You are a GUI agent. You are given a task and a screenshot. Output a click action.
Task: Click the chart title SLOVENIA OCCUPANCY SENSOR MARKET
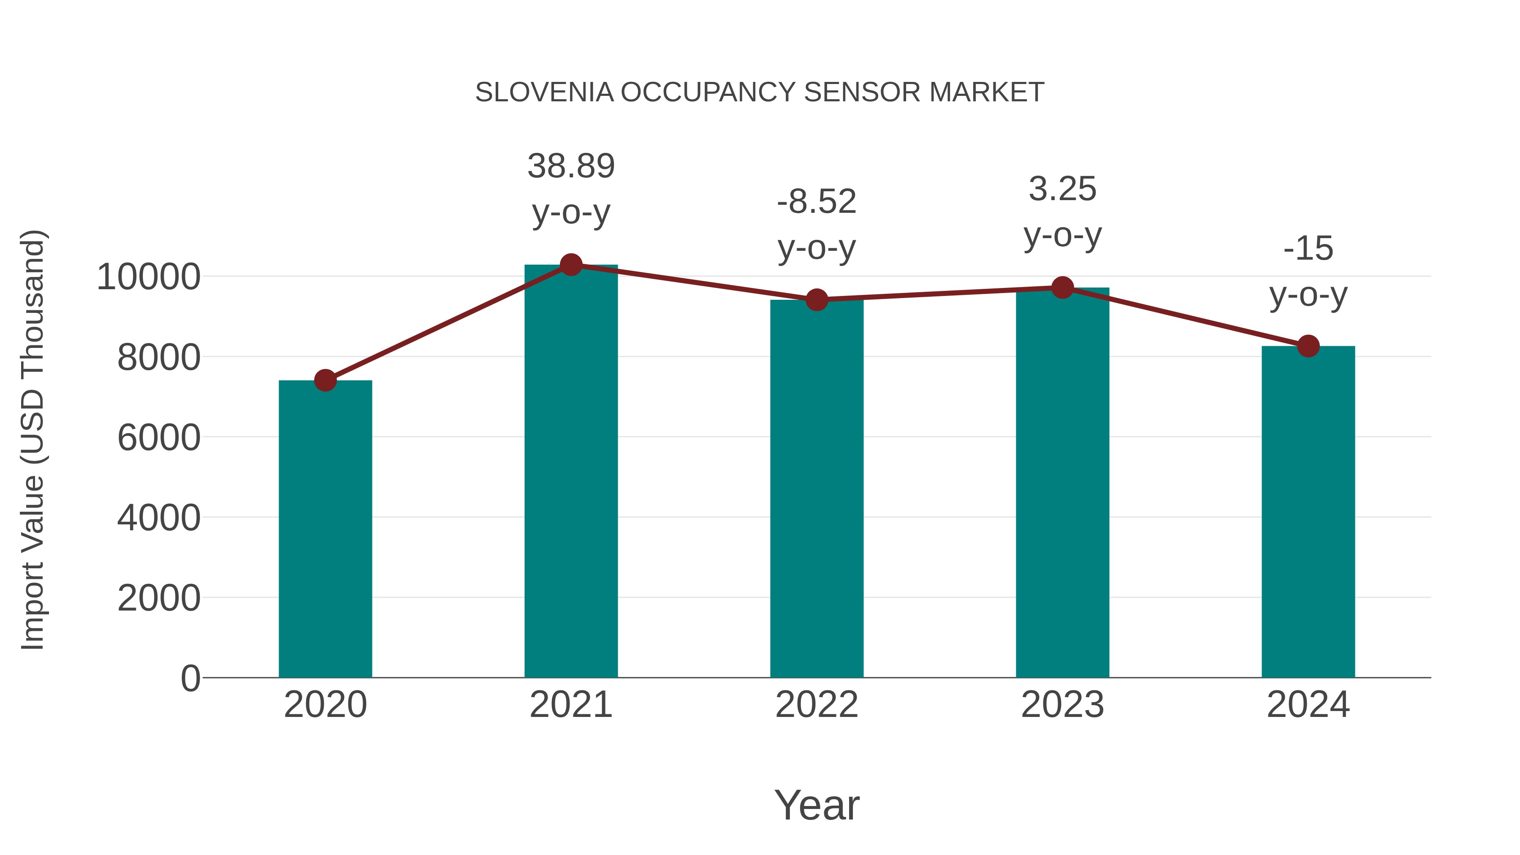[x=760, y=92]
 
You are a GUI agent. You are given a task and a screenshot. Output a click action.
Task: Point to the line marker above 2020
[x=325, y=380]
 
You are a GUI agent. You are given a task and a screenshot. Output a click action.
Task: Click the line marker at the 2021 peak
[x=570, y=265]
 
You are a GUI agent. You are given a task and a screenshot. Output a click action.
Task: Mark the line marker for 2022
[x=817, y=300]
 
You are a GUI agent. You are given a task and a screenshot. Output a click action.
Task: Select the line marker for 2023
[x=1062, y=288]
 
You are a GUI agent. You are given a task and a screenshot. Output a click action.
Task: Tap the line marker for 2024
[x=1308, y=346]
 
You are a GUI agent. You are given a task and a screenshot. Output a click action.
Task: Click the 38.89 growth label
[x=570, y=166]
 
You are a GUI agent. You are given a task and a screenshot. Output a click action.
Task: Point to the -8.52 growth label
[x=817, y=202]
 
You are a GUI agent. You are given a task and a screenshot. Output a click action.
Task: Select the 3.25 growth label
[x=1062, y=190]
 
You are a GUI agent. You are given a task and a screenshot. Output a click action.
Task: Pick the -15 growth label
[x=1308, y=248]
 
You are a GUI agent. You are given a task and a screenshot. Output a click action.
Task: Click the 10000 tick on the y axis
[x=148, y=277]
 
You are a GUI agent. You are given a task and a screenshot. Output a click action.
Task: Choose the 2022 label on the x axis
[x=817, y=705]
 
